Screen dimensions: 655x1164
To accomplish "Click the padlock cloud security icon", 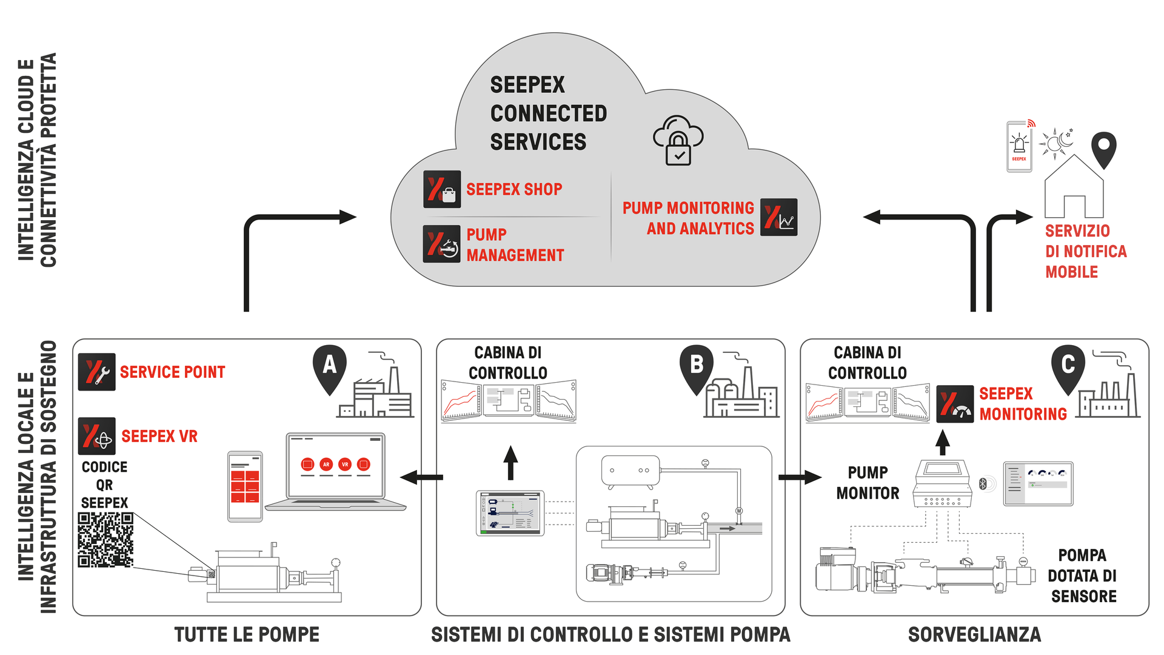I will coord(678,141).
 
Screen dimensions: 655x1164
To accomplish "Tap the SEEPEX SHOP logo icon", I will coord(442,189).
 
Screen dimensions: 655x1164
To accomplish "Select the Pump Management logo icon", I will coord(442,244).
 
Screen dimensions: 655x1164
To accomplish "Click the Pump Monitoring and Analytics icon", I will coord(779,217).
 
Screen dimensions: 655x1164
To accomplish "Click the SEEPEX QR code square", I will coord(105,540).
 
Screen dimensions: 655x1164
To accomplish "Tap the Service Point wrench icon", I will coord(97,372).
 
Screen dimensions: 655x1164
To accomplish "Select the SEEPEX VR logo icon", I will coord(97,436).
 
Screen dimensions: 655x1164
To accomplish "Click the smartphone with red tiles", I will coord(245,486).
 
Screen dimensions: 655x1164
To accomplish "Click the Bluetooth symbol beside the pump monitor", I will coord(983,483).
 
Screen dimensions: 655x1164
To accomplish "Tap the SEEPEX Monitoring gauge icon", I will coord(955,404).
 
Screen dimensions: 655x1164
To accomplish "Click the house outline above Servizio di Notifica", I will coord(1074,188).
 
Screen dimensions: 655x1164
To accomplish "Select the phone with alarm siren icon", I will coord(1019,147).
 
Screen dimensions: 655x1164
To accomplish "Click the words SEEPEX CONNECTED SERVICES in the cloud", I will coord(547,113).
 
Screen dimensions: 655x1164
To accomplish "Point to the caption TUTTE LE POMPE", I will coord(247,634).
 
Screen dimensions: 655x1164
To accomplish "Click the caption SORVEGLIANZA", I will coord(974,634).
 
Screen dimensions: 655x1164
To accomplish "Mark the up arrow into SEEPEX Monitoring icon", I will coord(942,442).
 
